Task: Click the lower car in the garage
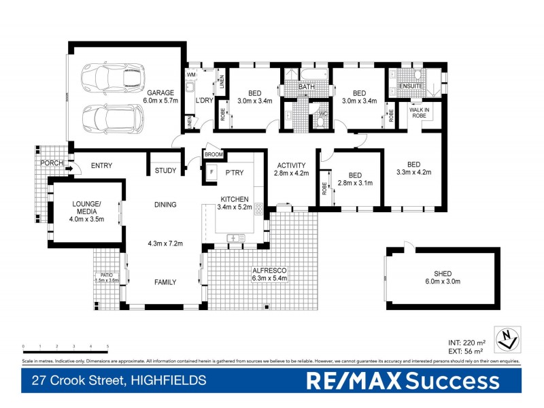(112, 118)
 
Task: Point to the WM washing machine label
(191, 75)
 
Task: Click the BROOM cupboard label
(214, 155)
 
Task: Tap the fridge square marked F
(211, 171)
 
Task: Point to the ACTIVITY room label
(291, 165)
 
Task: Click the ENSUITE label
(411, 86)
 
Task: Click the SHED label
(443, 273)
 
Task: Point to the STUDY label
(165, 170)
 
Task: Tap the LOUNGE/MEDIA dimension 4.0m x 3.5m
(86, 218)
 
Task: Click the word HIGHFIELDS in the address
(170, 381)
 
